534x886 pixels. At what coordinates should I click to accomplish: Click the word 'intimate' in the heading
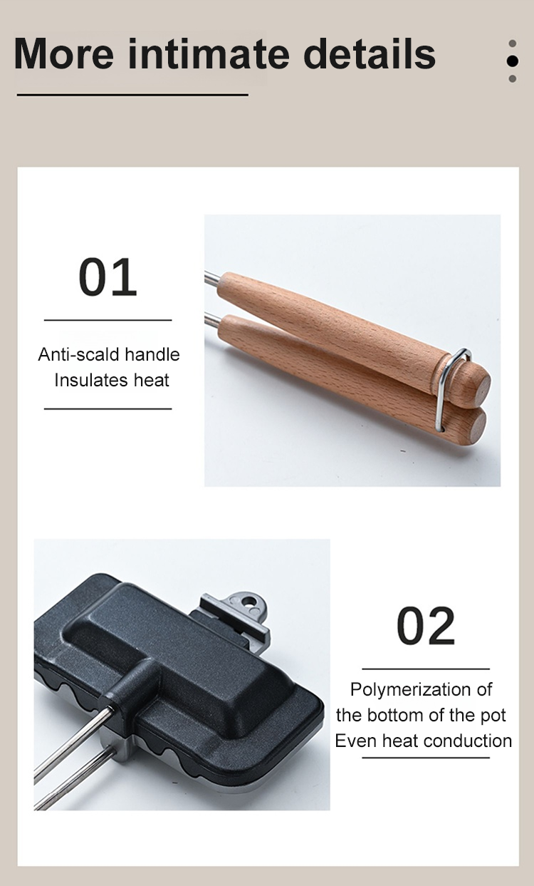click(209, 53)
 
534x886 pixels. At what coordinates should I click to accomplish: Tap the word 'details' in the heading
click(370, 53)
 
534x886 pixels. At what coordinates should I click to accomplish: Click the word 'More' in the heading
click(63, 53)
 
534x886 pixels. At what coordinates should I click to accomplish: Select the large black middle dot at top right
click(512, 61)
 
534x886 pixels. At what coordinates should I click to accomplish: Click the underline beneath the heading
click(132, 95)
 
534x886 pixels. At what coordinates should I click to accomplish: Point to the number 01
click(108, 277)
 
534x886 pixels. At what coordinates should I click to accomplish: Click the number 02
click(426, 626)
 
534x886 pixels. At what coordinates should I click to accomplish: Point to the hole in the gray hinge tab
click(248, 602)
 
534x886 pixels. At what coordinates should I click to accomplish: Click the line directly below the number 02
click(426, 669)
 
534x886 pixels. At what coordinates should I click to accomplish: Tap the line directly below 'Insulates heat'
click(108, 408)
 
